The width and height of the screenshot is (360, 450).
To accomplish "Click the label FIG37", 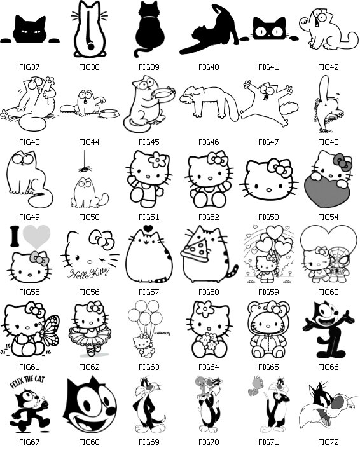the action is (29, 67).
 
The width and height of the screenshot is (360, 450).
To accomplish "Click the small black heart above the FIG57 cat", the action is (148, 228).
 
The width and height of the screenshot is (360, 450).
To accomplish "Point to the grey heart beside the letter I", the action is (36, 236).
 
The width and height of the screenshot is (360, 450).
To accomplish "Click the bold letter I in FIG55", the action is (15, 236).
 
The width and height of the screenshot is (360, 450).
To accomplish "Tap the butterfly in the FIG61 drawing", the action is (50, 331).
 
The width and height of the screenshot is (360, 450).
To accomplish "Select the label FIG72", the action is (328, 442).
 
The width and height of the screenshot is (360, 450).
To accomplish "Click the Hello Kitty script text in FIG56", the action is (88, 273).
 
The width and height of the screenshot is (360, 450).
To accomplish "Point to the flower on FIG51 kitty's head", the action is (157, 160).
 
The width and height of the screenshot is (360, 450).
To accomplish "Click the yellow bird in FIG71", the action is (255, 385).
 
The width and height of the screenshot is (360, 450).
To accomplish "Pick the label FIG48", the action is (328, 142).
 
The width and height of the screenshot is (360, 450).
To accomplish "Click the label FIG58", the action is (209, 292).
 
